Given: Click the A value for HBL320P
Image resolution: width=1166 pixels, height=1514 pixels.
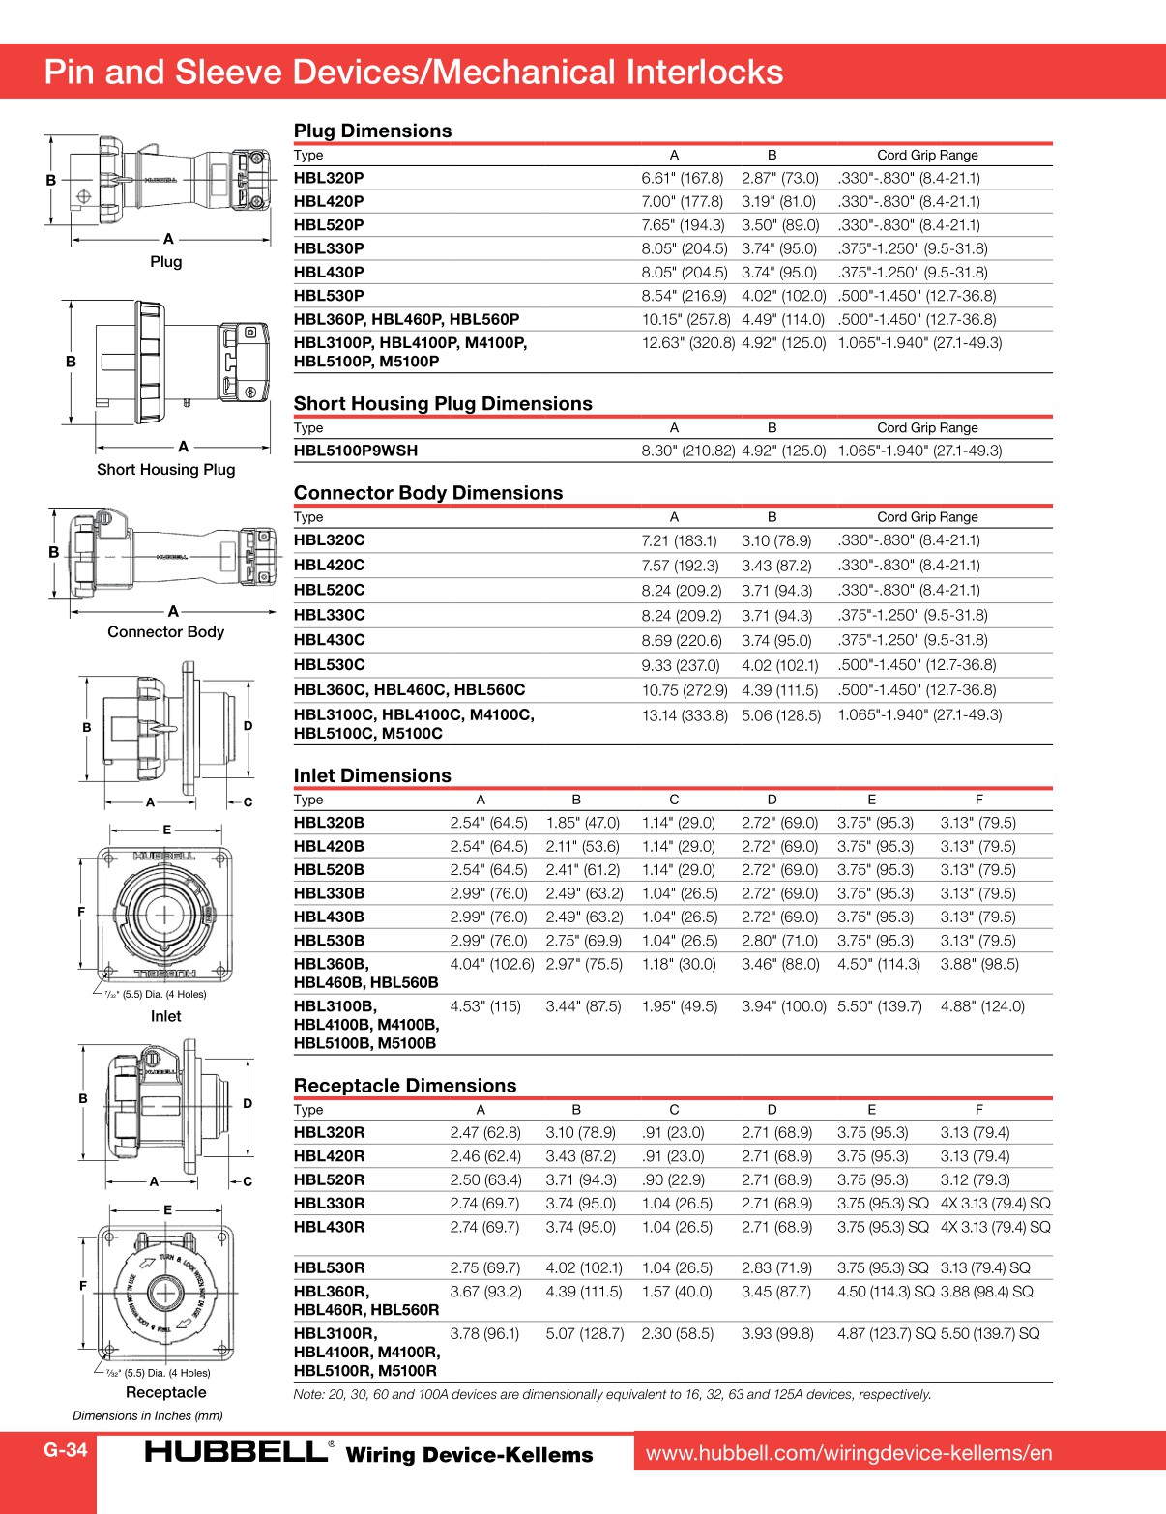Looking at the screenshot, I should click(x=682, y=178).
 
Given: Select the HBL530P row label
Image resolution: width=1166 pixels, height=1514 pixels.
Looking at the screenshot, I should click(x=329, y=296).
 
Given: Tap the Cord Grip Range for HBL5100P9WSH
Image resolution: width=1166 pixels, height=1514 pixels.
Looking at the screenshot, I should click(x=919, y=451).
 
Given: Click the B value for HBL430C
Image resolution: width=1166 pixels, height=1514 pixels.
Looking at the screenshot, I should click(x=776, y=640).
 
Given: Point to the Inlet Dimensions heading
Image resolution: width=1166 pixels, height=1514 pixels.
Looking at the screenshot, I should click(x=372, y=775).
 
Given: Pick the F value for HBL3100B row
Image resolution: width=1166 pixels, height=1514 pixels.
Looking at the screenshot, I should click(x=982, y=1006).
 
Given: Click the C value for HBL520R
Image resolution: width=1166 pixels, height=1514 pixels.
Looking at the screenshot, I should click(x=673, y=1179).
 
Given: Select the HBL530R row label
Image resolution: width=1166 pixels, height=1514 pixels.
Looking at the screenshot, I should click(x=329, y=1267).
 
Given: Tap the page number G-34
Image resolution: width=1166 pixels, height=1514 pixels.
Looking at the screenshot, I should click(x=66, y=1449).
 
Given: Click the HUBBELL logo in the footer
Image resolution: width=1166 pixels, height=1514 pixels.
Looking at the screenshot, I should click(x=236, y=1451).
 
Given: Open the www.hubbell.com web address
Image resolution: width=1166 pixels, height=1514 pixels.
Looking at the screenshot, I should click(x=848, y=1453).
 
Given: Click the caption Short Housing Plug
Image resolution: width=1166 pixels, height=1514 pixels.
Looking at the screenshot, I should click(x=165, y=470).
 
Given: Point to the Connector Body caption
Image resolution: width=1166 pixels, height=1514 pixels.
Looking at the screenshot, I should click(x=165, y=632).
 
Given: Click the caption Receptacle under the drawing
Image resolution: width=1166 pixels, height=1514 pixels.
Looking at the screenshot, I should click(x=165, y=1392).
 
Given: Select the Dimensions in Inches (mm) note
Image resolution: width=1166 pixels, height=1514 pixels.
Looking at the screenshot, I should click(x=147, y=1415).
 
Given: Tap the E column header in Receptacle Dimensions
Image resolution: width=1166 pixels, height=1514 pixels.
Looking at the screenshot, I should click(x=871, y=1110).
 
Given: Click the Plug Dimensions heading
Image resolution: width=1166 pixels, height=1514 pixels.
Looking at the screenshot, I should click(x=372, y=131).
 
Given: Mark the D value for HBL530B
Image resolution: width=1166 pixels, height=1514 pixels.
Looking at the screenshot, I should click(x=779, y=941).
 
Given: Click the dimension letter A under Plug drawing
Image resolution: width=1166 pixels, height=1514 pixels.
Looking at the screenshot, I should click(x=168, y=239).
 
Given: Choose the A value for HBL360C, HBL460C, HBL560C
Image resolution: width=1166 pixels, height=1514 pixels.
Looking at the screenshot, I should click(x=685, y=690).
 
